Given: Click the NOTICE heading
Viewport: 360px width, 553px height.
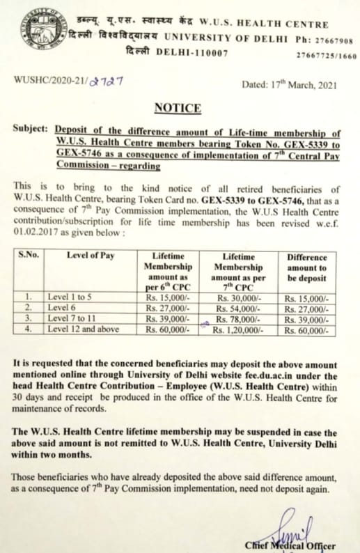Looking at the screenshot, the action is tap(179, 108).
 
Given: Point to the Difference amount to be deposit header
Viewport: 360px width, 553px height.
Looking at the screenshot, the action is tap(306, 267).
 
